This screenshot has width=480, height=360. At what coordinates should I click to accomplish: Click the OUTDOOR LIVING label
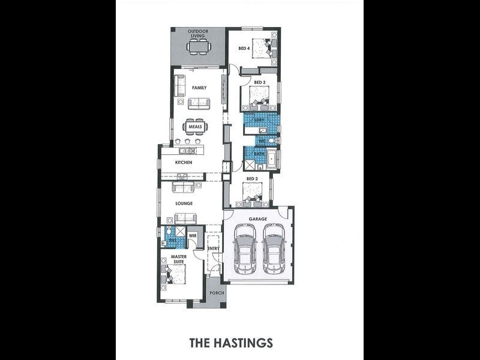pos(197,34)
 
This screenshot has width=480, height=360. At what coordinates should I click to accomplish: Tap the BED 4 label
pos(244,48)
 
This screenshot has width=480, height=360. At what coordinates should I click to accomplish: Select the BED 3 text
pos(259,82)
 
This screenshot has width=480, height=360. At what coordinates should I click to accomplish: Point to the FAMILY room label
pos(199,88)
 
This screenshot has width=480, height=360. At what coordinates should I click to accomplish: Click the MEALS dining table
pos(196,127)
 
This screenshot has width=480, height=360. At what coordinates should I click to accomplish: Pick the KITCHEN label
pos(183,163)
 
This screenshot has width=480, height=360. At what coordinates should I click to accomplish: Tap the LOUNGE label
pos(184,203)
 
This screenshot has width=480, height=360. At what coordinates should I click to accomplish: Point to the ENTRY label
pos(213,248)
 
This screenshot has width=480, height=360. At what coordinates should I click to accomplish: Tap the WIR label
pos(193,236)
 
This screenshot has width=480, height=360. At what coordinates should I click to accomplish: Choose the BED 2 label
pos(251,179)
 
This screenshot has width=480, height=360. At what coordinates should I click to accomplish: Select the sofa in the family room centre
pos(199,104)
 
